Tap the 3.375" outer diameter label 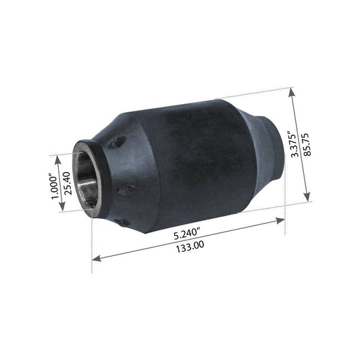point(295,144)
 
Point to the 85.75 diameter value point(307,145)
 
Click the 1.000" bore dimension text point(54,188)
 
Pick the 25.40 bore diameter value point(68,183)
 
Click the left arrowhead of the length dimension point(97,258)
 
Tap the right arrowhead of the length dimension point(280,221)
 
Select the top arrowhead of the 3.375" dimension point(292,92)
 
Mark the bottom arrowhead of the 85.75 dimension point(307,197)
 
